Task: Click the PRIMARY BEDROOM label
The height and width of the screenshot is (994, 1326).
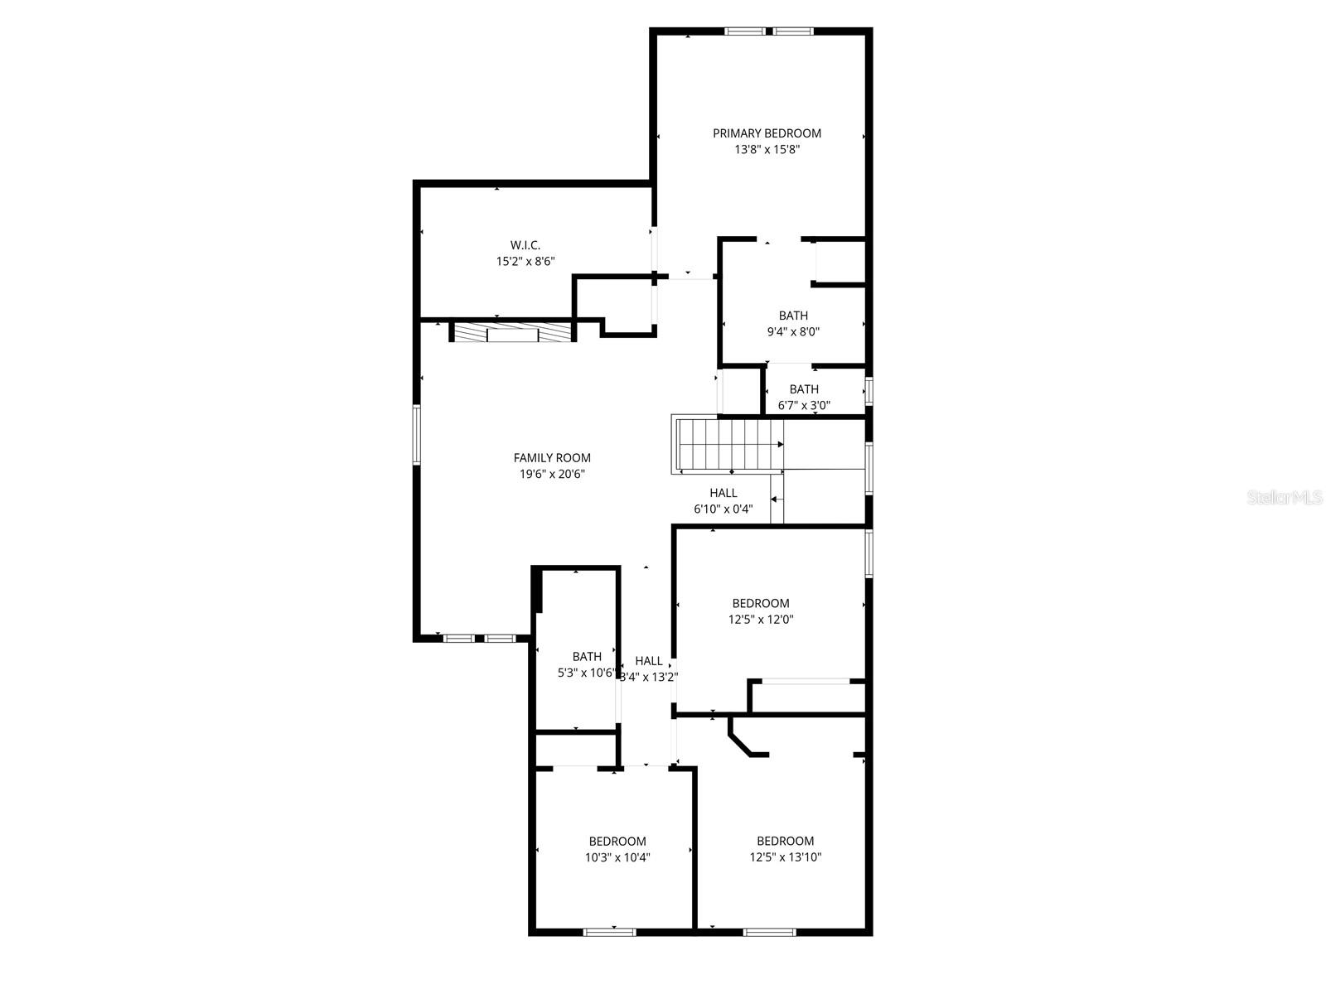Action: pos(767,133)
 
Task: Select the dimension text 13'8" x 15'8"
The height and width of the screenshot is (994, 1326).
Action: pos(767,150)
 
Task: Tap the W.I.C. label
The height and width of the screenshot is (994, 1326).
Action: pos(525,245)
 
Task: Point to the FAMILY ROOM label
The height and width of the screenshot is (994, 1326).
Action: pos(552,458)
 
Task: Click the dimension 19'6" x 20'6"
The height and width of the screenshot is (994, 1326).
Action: pos(552,475)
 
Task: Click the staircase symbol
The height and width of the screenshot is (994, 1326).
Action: pos(727,445)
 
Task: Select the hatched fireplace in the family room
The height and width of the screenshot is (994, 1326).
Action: pos(511,333)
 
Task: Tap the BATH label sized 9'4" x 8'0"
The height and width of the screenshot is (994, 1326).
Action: pos(793,316)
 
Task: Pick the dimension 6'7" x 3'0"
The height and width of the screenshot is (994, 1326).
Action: pos(804,406)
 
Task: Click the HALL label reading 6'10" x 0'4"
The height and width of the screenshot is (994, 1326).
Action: pos(723,493)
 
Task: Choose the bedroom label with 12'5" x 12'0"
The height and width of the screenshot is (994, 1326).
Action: pos(760,604)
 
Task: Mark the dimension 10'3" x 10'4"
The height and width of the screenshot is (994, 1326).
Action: pos(617,858)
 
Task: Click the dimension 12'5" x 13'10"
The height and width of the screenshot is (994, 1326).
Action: pos(785,858)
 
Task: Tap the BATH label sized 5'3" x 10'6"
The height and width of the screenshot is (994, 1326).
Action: pos(587,657)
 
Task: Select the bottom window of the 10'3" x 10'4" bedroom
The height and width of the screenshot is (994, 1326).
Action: pos(609,932)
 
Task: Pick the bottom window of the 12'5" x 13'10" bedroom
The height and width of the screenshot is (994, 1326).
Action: pos(769,932)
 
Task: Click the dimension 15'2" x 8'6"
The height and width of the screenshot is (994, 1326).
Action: pos(525,262)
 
